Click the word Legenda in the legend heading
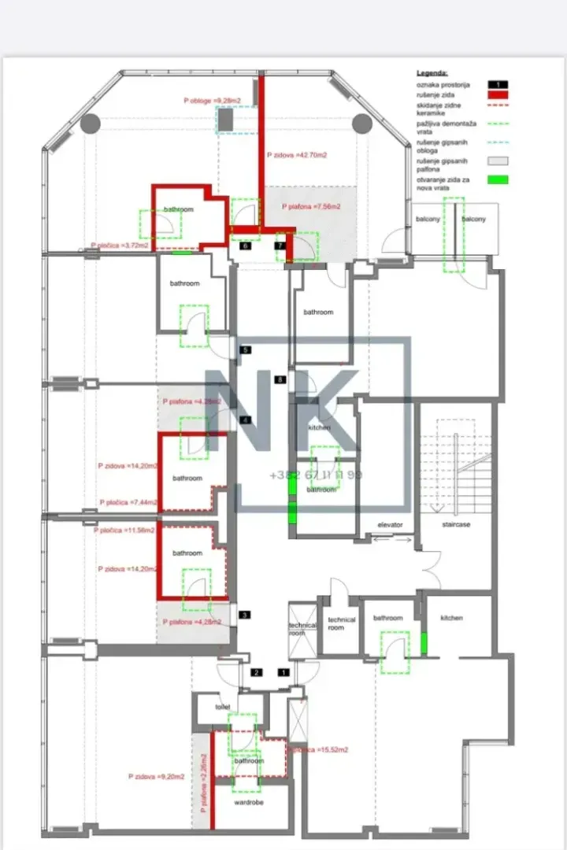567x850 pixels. click(432, 71)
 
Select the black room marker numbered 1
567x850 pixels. click(283, 673)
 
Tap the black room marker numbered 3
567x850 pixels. click(244, 615)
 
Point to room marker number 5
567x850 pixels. click(246, 349)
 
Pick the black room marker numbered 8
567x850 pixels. click(280, 380)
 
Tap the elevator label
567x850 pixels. click(390, 524)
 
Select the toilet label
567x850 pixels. click(223, 707)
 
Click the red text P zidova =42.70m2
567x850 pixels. click(297, 156)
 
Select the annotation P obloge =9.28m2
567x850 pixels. click(211, 101)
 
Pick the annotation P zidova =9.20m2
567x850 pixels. click(157, 777)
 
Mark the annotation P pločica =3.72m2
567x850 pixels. click(119, 246)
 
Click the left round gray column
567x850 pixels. click(90, 124)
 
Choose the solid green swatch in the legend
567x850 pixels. click(498, 179)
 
